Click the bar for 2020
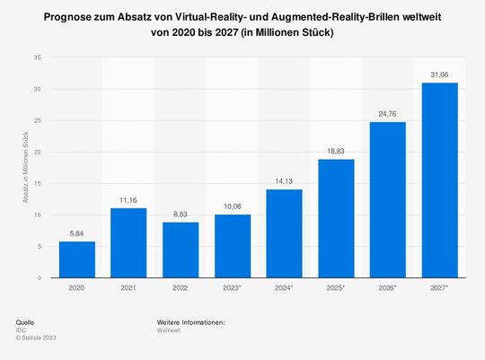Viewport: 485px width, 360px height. pos(77,259)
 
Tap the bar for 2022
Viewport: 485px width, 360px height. pos(181,250)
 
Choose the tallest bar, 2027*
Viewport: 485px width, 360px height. pos(440,180)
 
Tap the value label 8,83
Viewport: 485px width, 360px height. pos(181,215)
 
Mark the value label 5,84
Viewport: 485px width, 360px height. pos(77,233)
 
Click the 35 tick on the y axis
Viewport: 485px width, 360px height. pos(37,57)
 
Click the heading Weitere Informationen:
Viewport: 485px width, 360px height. pos(190,321)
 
